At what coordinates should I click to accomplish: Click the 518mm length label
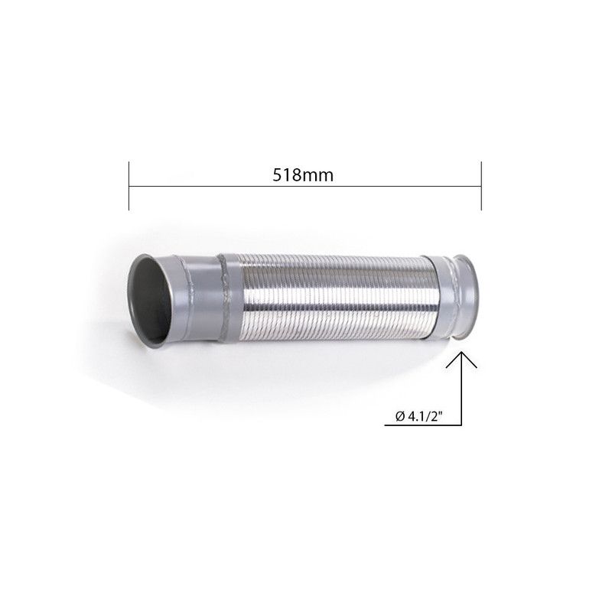point(305,174)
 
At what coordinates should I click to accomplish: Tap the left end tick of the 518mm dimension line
point(129,185)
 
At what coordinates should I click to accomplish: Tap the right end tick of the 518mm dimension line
point(480,185)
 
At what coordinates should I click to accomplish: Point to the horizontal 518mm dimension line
point(229,186)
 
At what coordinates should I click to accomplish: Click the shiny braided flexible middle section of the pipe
point(329,298)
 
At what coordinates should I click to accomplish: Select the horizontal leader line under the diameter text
point(421,425)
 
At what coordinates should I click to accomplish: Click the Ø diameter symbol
point(400,417)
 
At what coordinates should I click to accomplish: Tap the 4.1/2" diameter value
point(428,417)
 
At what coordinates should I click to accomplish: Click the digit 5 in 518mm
point(277,174)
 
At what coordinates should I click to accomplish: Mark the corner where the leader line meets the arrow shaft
point(461,425)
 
